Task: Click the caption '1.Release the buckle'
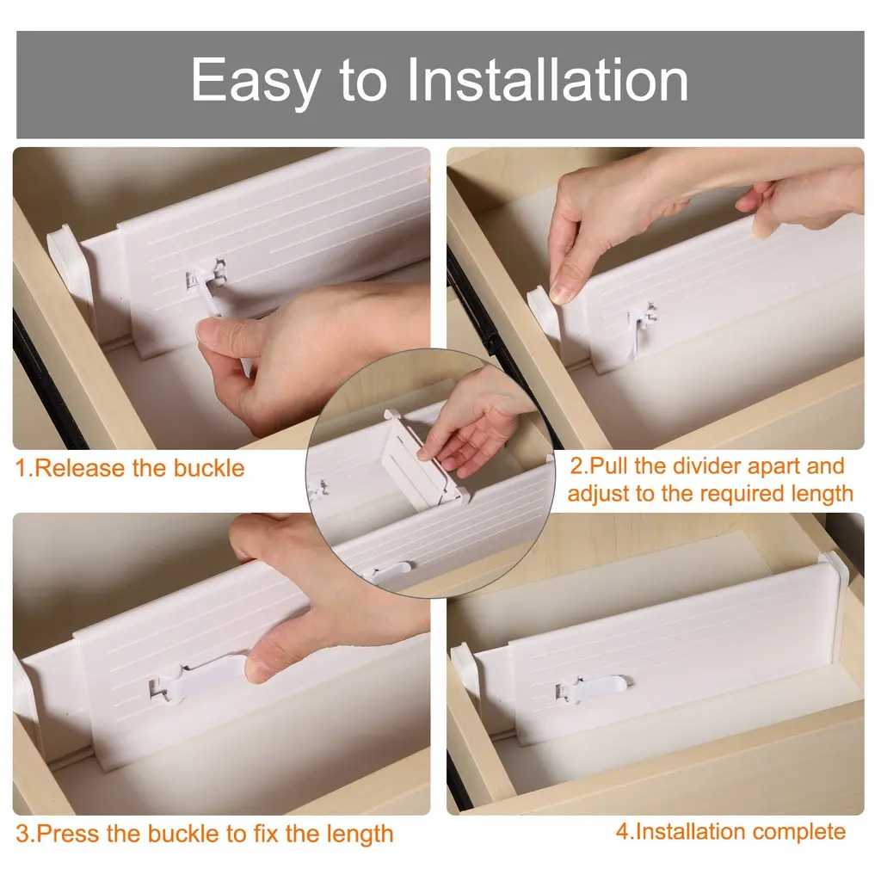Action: pos(130,468)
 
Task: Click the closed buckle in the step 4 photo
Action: pos(594,687)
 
